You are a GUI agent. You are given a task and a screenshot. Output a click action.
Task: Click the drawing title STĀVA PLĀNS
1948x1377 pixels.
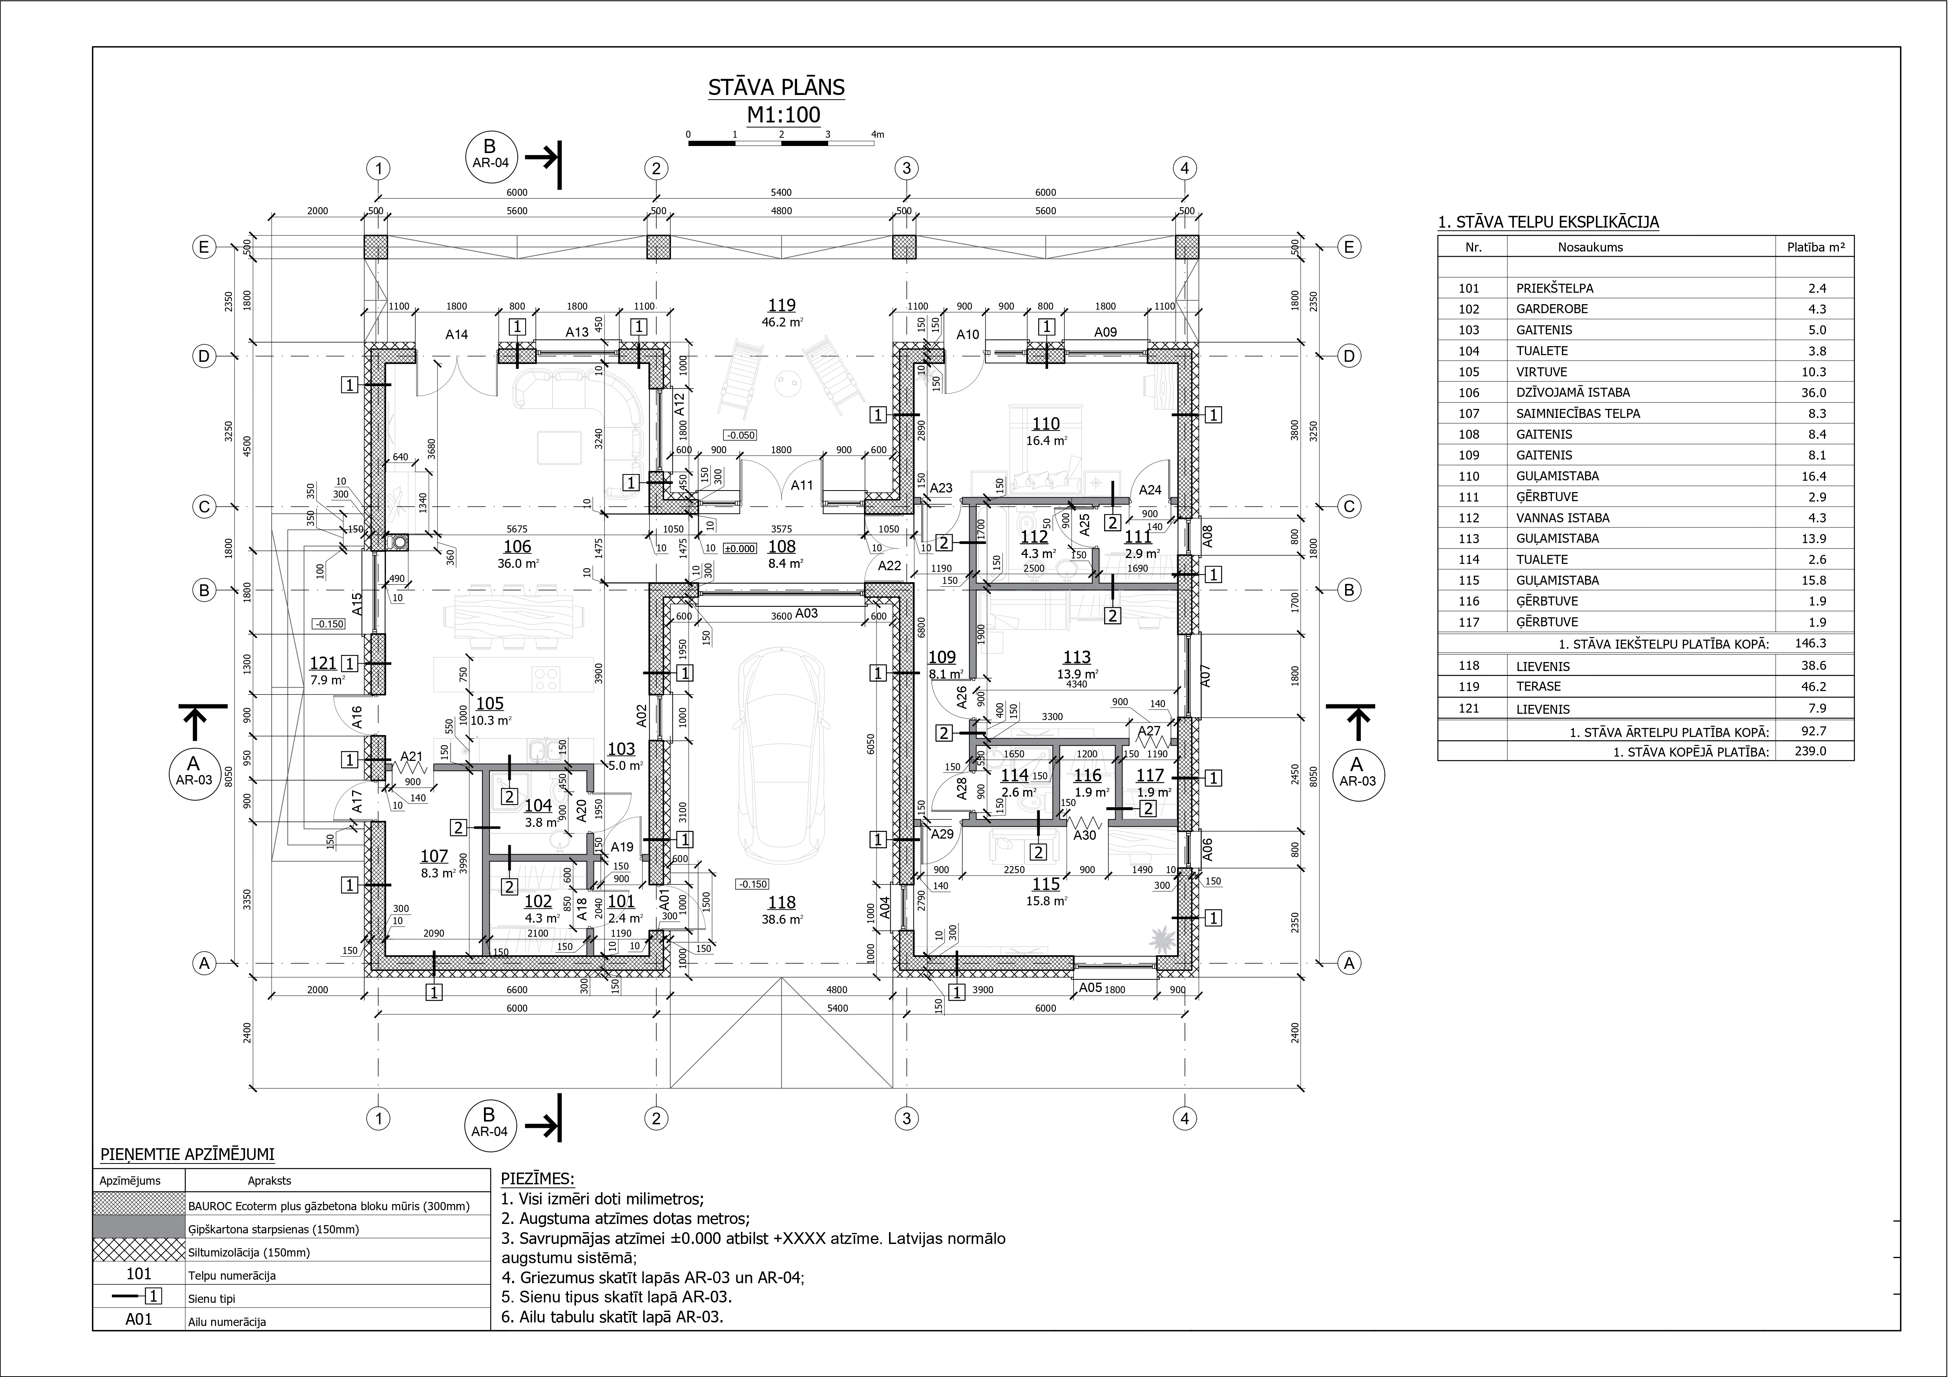(776, 88)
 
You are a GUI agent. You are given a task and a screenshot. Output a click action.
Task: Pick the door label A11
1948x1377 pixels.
(802, 485)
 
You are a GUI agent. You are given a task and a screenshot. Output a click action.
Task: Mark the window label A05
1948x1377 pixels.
(1090, 988)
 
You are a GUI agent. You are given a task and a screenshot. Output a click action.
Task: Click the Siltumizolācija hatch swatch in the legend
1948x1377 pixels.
(138, 1250)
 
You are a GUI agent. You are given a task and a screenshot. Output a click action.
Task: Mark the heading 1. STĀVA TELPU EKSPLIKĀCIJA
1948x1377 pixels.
(1548, 222)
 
